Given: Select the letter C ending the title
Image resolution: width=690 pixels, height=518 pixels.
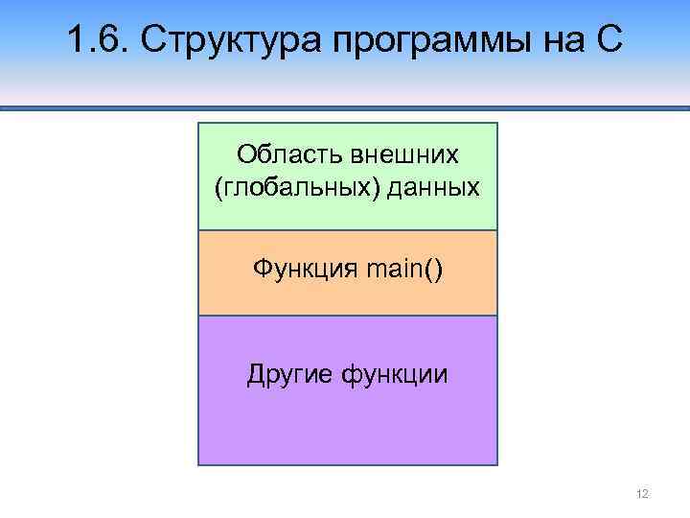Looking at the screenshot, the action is coord(609,41).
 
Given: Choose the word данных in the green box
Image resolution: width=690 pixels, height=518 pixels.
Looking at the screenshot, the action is coord(433,187).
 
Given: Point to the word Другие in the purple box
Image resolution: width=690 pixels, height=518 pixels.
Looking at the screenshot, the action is coord(289,374).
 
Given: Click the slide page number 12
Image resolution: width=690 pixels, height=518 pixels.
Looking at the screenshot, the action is coord(642,493).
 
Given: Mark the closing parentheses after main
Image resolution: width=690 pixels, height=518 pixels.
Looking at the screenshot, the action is coord(437,271).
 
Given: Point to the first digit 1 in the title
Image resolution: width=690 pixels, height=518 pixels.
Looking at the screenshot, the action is coord(78,41).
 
